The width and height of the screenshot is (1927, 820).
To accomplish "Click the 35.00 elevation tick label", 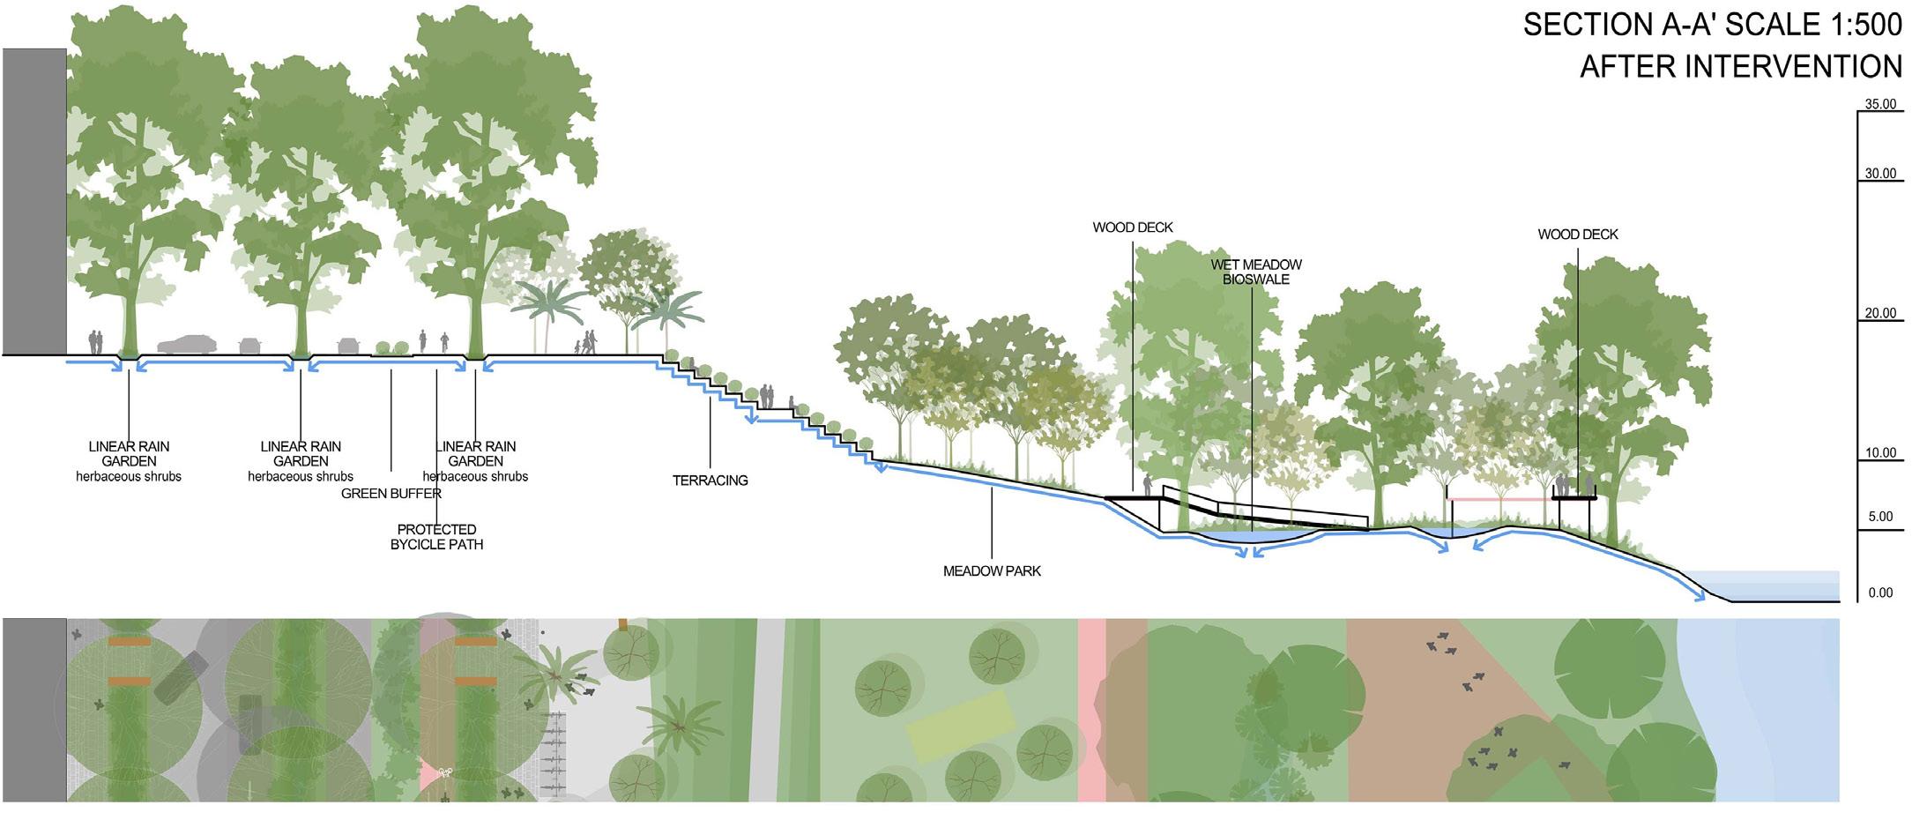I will [1879, 104].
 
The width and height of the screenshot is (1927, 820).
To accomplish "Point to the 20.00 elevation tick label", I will [1879, 313].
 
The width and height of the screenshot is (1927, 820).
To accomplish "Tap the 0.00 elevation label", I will [1879, 593].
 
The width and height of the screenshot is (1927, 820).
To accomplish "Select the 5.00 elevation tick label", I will [1879, 517].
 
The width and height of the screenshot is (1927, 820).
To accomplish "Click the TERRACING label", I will [710, 481].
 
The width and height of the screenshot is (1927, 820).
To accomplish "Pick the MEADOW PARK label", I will [992, 571].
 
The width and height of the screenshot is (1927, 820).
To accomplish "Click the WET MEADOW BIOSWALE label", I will [1255, 272].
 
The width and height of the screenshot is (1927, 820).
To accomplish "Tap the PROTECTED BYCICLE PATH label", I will [436, 537].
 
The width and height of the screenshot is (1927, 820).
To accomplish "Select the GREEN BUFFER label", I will [391, 494].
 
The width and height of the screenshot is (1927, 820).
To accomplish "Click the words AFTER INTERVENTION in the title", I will [1740, 67].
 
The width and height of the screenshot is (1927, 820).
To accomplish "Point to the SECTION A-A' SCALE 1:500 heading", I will [1712, 25].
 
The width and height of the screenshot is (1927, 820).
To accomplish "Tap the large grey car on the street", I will [187, 345].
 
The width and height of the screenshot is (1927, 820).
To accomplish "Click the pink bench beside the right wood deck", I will [1499, 500].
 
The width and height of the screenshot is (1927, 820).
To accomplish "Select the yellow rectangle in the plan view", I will [961, 727].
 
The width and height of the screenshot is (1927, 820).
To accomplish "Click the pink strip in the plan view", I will [1091, 710].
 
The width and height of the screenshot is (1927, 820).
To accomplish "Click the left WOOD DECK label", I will [1132, 227].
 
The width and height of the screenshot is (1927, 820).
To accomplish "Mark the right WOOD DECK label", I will [1577, 235].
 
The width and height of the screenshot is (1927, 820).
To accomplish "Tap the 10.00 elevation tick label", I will [1879, 453].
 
